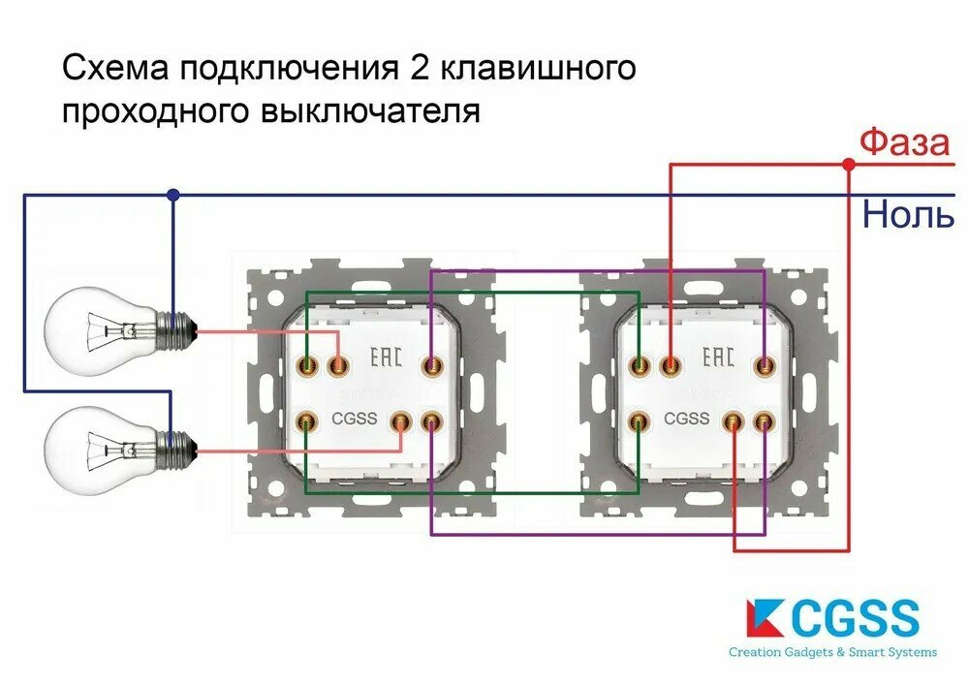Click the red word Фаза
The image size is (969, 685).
904,142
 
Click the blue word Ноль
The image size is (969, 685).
908,214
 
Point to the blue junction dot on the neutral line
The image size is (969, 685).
172,195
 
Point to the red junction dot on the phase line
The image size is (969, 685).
848,165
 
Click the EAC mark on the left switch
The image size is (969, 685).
387,358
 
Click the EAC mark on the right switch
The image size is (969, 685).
718,358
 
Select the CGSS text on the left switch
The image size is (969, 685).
354,420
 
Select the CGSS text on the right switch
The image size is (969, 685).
687,420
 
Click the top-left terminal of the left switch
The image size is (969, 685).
308,365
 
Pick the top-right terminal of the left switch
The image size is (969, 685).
430,365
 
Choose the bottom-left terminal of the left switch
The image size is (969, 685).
308,421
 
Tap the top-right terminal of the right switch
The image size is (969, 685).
765,365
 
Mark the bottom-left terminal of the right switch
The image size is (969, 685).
640,421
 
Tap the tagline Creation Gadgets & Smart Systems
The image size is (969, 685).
832,652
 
